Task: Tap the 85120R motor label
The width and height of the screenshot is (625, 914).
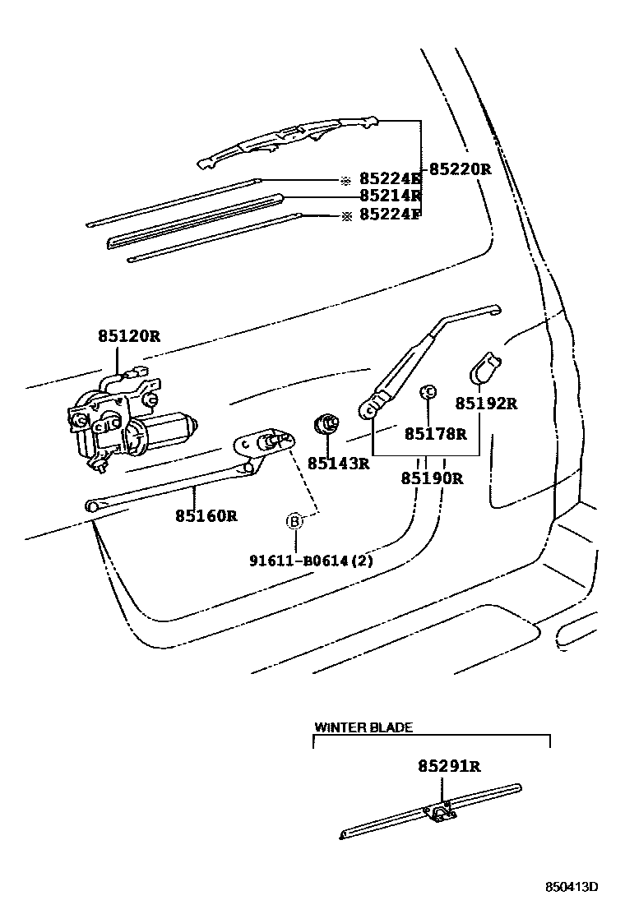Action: pos(127,335)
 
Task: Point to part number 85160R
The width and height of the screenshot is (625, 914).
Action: pos(206,516)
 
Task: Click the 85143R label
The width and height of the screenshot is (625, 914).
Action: pos(338,464)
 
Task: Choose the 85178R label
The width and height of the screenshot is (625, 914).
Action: pos(435,433)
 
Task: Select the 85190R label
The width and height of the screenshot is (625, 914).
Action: pos(432,478)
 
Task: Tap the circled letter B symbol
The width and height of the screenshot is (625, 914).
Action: pos(294,520)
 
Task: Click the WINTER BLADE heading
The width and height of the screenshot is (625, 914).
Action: pos(363,727)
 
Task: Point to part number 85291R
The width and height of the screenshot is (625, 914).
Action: pos(448,766)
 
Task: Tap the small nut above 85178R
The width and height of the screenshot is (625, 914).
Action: pos(428,392)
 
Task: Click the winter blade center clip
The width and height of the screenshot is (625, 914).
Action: pos(441,813)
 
